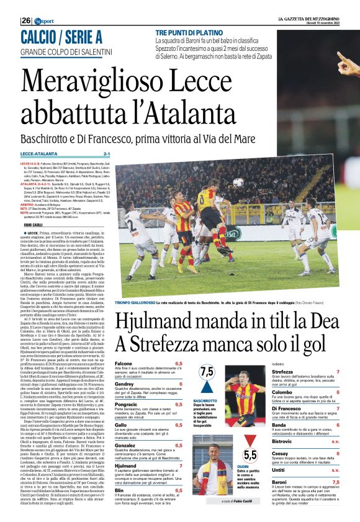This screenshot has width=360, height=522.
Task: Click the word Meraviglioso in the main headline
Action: click(95, 85)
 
